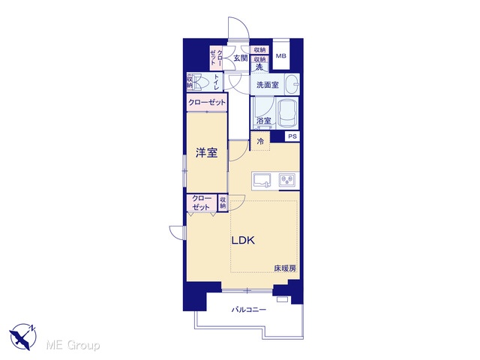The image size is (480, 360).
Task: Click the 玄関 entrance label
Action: (240, 58)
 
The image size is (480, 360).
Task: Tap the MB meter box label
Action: (280, 56)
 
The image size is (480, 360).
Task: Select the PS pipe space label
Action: (292, 136)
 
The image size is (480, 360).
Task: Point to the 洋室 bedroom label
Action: (207, 153)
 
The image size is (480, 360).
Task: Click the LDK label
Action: (243, 240)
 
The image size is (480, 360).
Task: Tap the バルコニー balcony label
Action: (248, 310)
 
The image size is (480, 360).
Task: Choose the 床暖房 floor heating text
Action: (285, 268)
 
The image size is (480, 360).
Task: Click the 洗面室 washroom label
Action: (267, 85)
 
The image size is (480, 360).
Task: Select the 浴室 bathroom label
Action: (264, 121)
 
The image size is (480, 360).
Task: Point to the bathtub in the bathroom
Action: (287, 112)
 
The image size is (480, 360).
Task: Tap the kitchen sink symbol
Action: (262, 180)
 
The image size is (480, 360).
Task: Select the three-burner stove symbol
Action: (287, 180)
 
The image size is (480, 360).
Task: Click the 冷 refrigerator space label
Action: (260, 142)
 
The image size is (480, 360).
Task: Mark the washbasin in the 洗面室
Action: (292, 84)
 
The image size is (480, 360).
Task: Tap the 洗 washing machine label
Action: (259, 67)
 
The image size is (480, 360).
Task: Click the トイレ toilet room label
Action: (217, 82)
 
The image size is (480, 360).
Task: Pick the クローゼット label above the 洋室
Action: (207, 102)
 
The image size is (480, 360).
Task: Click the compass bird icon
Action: (22, 336)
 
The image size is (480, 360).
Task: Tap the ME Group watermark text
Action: (73, 345)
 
